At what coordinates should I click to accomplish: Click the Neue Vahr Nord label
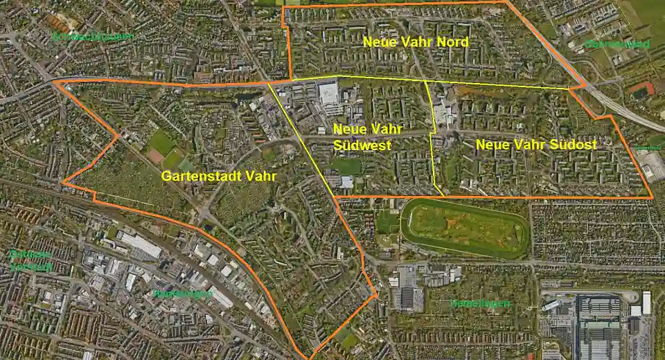[x=416, y=42]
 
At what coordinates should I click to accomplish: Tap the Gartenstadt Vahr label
[x=219, y=177]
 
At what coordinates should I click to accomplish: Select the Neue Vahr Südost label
[x=536, y=145]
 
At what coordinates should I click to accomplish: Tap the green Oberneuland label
[x=618, y=44]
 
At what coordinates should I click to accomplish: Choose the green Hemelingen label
[x=479, y=303]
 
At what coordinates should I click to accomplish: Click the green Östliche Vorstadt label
[x=30, y=260]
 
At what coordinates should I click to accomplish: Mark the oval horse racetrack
[x=465, y=228]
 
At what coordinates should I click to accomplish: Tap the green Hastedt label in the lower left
[x=182, y=294]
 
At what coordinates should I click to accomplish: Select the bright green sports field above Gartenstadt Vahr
[x=162, y=143]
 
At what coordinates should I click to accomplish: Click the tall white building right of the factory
[x=646, y=303]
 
